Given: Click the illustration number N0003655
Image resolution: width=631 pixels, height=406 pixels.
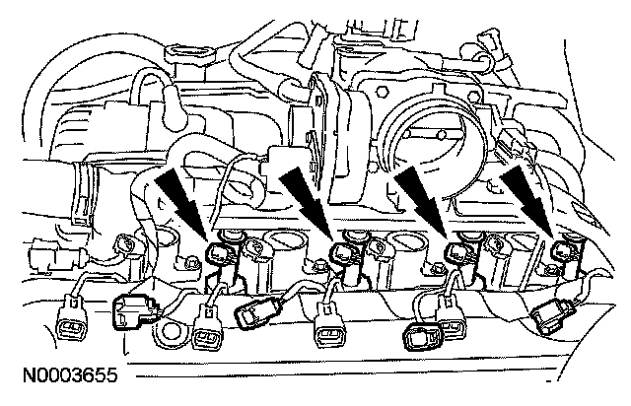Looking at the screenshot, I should pos(60,375).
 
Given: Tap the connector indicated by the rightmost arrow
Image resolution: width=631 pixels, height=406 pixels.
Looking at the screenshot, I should pos(564,254).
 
